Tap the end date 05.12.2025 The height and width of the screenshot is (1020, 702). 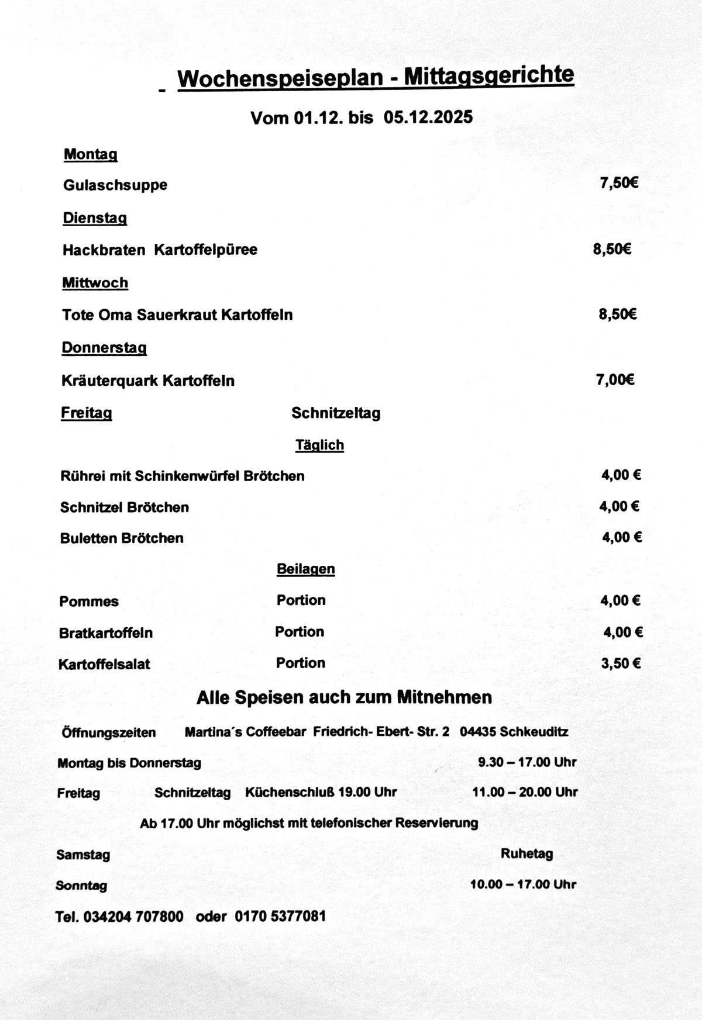point(428,117)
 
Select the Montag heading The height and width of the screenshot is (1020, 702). point(91,154)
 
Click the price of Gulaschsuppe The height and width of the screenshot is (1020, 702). point(618,183)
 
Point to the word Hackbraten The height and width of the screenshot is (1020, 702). point(104,250)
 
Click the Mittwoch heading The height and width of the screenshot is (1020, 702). point(95,283)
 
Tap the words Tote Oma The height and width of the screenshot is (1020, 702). point(97,315)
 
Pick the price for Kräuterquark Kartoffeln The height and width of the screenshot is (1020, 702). point(615,380)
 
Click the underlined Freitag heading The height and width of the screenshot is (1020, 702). point(87,413)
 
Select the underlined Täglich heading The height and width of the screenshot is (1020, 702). point(319,445)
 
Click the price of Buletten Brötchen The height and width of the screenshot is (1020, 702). point(622,537)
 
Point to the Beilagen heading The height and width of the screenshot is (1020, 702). point(305,569)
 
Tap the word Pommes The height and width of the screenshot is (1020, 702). point(89,601)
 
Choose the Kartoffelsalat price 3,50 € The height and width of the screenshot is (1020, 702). point(621,663)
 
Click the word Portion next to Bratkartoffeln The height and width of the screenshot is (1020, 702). point(300,632)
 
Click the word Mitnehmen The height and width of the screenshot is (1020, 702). point(444,697)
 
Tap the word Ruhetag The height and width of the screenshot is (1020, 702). point(526,853)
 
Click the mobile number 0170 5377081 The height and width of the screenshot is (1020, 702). point(280,916)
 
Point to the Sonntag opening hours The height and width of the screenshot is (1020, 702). point(523,884)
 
